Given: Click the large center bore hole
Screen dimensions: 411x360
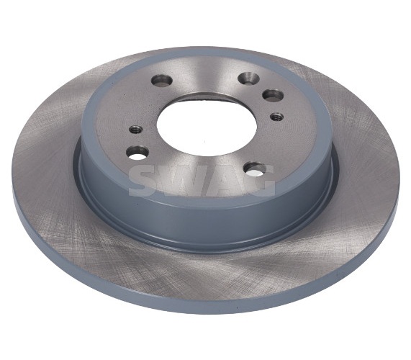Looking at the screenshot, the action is pyautogui.click(x=207, y=125).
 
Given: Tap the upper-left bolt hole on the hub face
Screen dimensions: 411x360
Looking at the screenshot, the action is pyautogui.click(x=162, y=81).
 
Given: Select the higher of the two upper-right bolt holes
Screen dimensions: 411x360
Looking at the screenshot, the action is pyautogui.click(x=249, y=78).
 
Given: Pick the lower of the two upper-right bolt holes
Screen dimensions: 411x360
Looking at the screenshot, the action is pyautogui.click(x=274, y=96).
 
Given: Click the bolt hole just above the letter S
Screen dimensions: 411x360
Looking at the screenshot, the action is pyautogui.click(x=137, y=153).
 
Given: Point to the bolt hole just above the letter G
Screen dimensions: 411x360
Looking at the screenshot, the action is pyautogui.click(x=255, y=169).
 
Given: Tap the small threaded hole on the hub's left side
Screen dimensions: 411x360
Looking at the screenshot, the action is pyautogui.click(x=136, y=130).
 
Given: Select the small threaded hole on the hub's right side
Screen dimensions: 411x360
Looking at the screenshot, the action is pyautogui.click(x=277, y=116).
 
